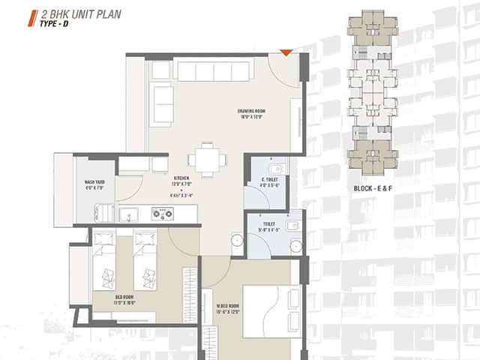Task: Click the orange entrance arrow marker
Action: pos(286,52)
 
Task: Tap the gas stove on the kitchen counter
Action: pos(162,213)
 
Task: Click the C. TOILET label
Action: pos(270,179)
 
